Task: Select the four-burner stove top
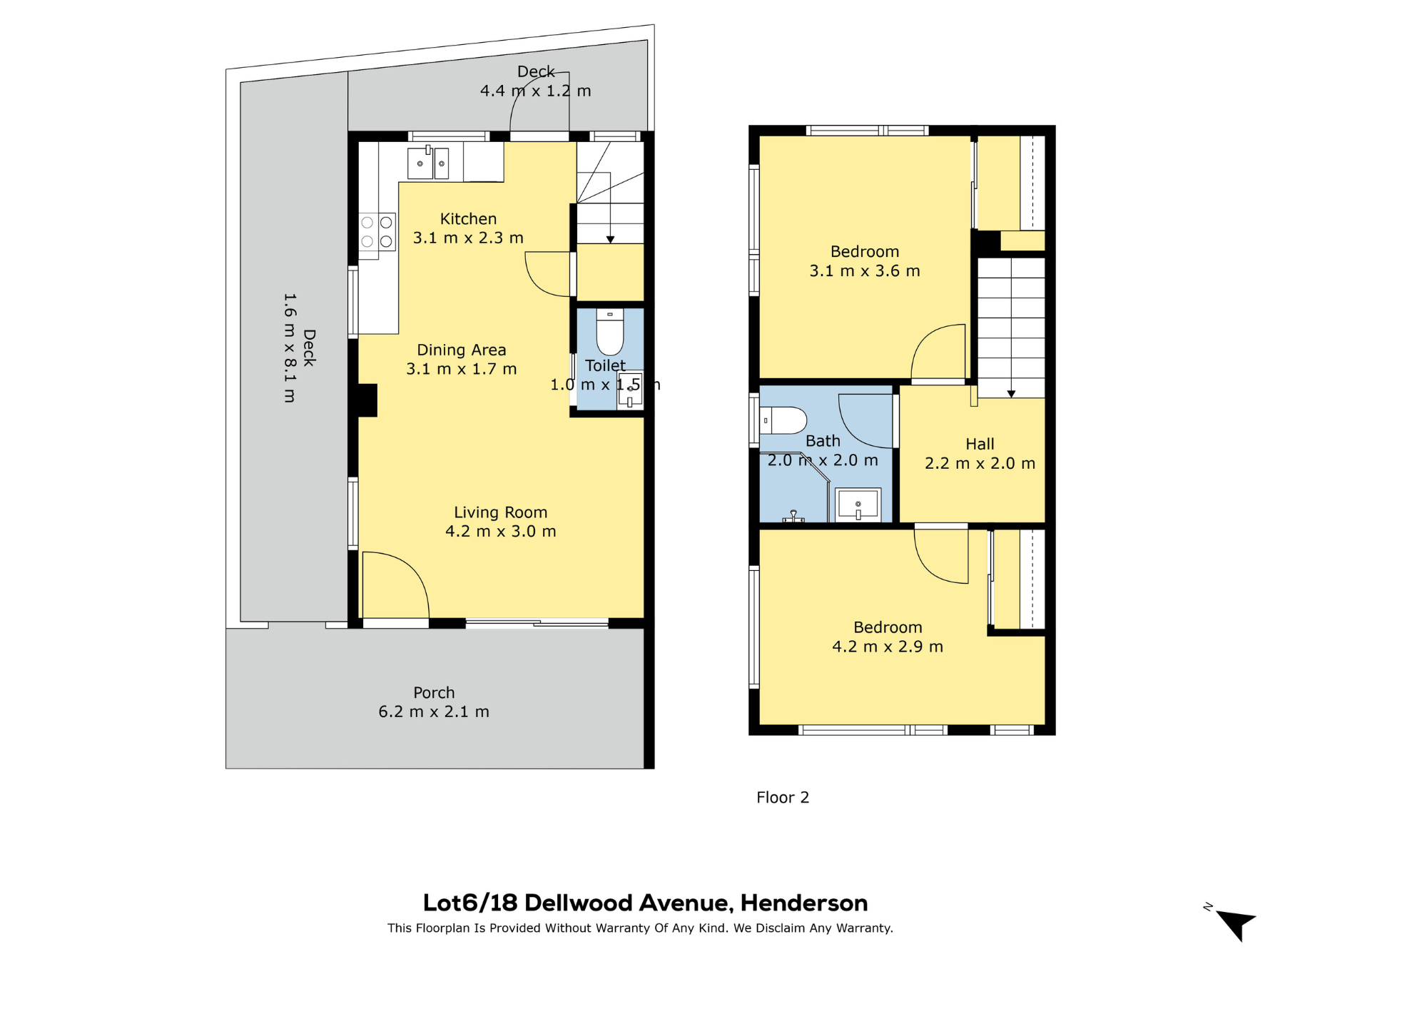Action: [377, 232]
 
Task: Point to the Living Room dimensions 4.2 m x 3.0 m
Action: [500, 532]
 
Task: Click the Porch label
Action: [434, 693]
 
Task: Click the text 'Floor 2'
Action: [783, 798]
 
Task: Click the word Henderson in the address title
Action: [803, 903]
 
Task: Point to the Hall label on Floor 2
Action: [980, 445]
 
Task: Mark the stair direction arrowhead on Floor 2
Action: [1011, 394]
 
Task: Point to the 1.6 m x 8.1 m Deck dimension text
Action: [289, 348]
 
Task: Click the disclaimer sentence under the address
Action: [640, 928]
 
